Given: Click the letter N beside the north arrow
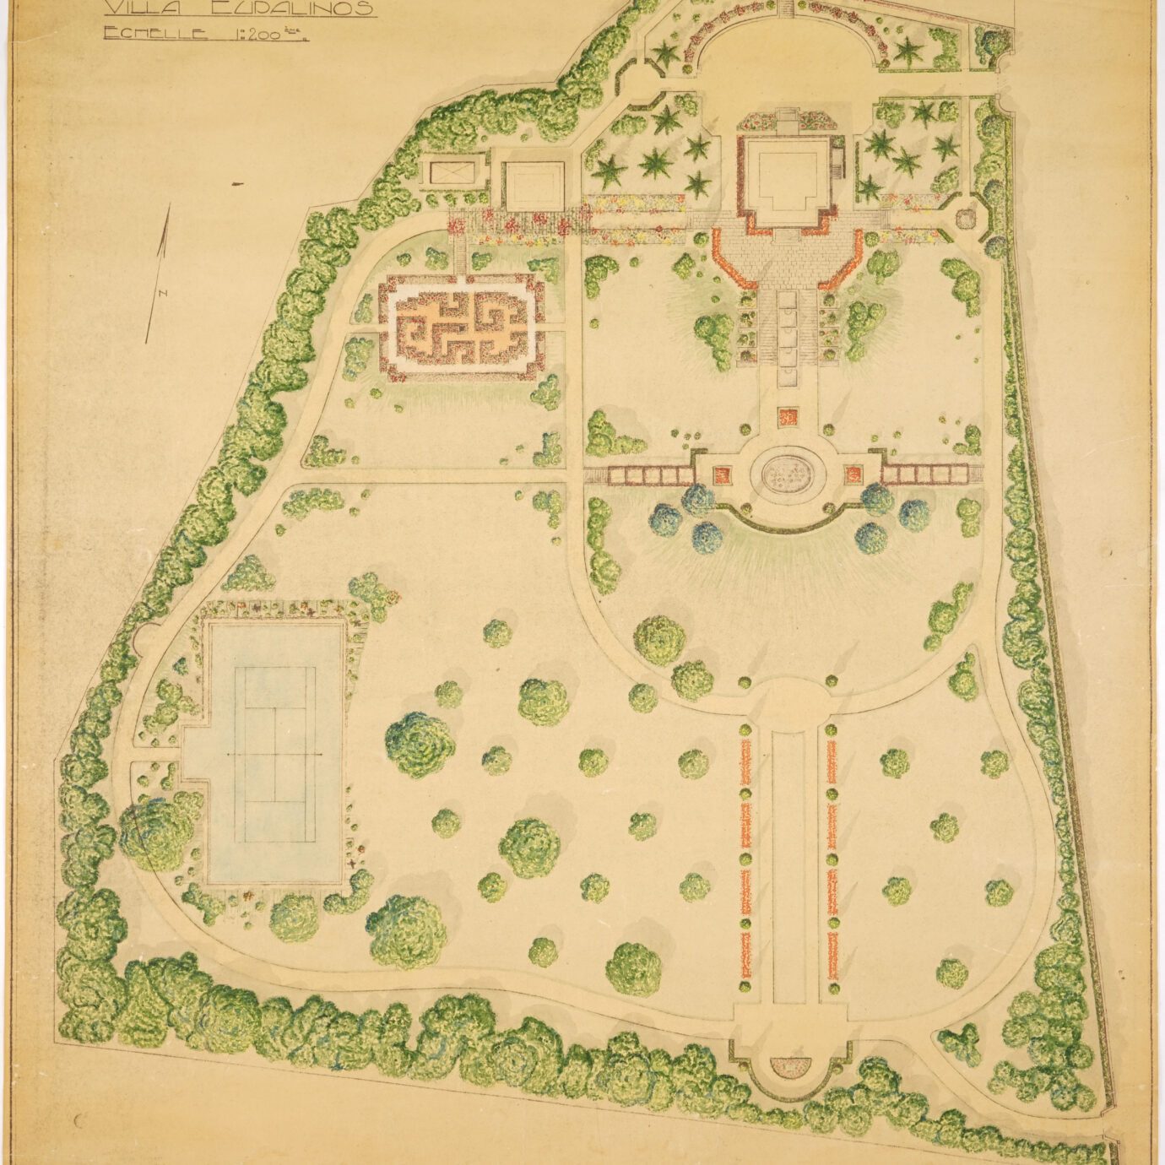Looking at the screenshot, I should coord(160,294).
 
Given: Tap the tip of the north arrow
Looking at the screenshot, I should coord(169,206).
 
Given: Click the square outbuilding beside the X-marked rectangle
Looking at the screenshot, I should coord(534,186).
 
